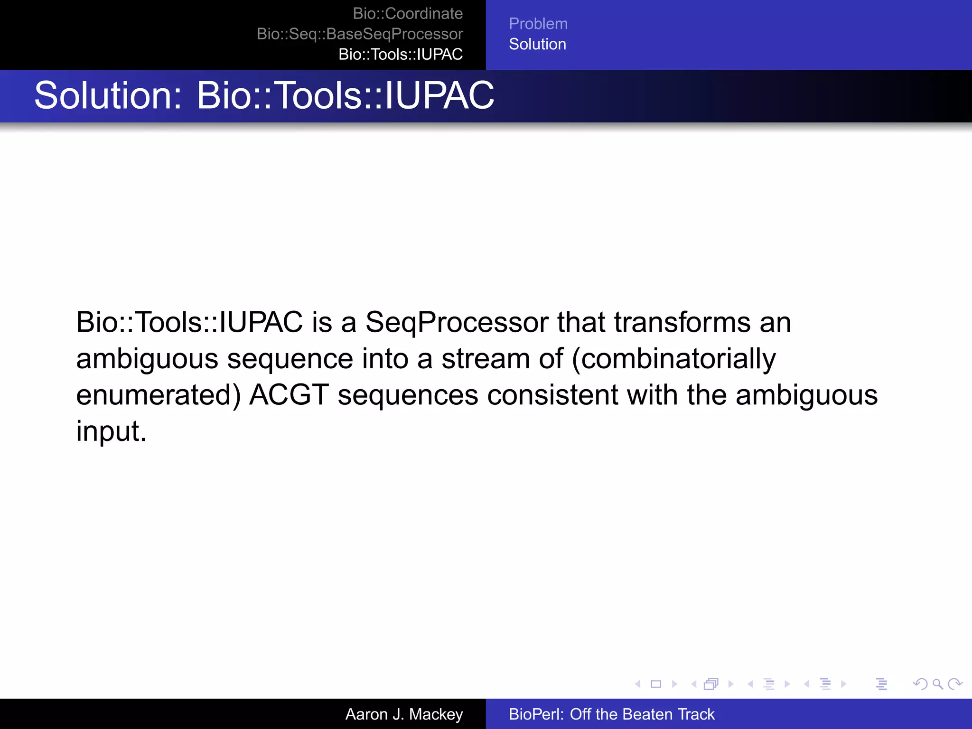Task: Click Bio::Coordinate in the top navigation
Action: (407, 14)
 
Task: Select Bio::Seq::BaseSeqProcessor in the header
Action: (359, 34)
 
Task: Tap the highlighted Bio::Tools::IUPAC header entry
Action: (400, 55)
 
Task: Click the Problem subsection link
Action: (538, 24)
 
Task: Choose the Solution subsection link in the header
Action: (537, 44)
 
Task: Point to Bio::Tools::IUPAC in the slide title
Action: (345, 95)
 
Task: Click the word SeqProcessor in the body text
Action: (457, 322)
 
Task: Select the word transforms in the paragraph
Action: (682, 322)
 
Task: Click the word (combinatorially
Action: (673, 359)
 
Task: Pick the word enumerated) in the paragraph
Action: (159, 395)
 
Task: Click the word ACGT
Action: (289, 395)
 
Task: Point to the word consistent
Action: (552, 395)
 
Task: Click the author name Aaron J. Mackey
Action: (404, 714)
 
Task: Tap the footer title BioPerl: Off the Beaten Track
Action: (611, 714)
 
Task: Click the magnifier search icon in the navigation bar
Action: (937, 684)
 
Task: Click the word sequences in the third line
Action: (408, 395)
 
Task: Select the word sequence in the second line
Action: (290, 359)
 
